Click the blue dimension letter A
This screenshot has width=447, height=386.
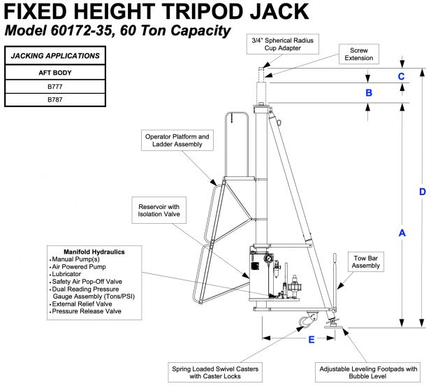[x=402, y=235]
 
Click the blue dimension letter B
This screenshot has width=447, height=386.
[x=369, y=92]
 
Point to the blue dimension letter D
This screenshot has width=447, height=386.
[x=423, y=192]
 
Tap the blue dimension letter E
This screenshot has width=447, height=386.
[x=312, y=340]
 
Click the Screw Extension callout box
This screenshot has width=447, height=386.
[x=358, y=54]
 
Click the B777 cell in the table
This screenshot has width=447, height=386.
[x=54, y=87]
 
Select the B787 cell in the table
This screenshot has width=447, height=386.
[x=54, y=100]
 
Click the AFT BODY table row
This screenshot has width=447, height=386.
[x=54, y=73]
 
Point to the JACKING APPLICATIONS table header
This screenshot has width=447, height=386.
[x=54, y=56]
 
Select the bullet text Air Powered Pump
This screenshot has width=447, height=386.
[x=82, y=267]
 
